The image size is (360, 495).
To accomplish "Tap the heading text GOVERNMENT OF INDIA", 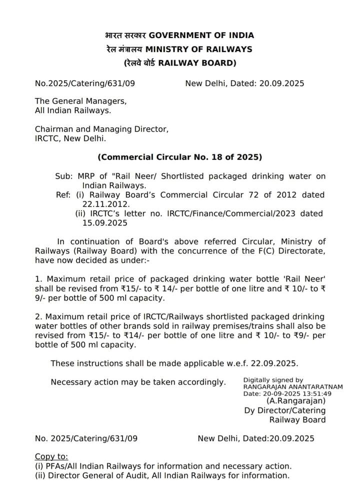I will [201, 35].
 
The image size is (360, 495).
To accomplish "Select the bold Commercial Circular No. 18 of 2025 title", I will [179, 157].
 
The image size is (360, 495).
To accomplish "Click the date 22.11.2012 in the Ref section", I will [102, 204].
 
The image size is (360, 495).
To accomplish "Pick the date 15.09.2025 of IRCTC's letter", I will [102, 223].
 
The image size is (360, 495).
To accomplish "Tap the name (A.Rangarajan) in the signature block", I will [296, 401].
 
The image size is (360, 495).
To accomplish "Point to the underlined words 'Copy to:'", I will [51, 456].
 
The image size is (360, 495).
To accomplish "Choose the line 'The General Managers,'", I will [80, 101].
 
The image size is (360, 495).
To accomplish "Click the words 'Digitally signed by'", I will [273, 380].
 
